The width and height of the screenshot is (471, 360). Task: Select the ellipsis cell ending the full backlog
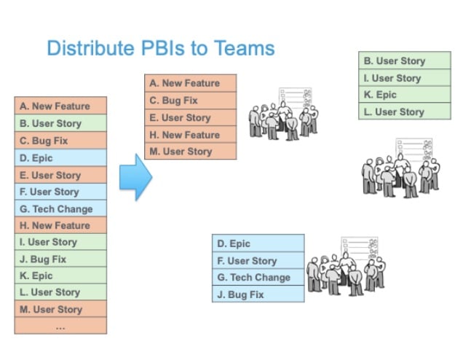(60, 326)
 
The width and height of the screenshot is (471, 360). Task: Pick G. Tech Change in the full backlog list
(60, 208)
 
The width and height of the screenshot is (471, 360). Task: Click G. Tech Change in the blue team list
(258, 278)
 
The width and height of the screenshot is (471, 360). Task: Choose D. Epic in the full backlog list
(60, 157)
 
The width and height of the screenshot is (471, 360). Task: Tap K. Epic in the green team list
(404, 95)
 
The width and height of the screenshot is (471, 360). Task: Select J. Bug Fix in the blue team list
(258, 294)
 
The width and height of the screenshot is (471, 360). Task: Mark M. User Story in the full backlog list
(60, 309)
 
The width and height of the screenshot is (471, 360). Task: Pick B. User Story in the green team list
(404, 61)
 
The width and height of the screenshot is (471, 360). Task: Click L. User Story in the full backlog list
(60, 292)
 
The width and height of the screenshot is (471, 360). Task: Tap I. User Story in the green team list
(404, 78)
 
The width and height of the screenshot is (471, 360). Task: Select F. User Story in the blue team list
(258, 261)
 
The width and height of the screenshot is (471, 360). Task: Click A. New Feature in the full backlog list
(60, 106)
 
